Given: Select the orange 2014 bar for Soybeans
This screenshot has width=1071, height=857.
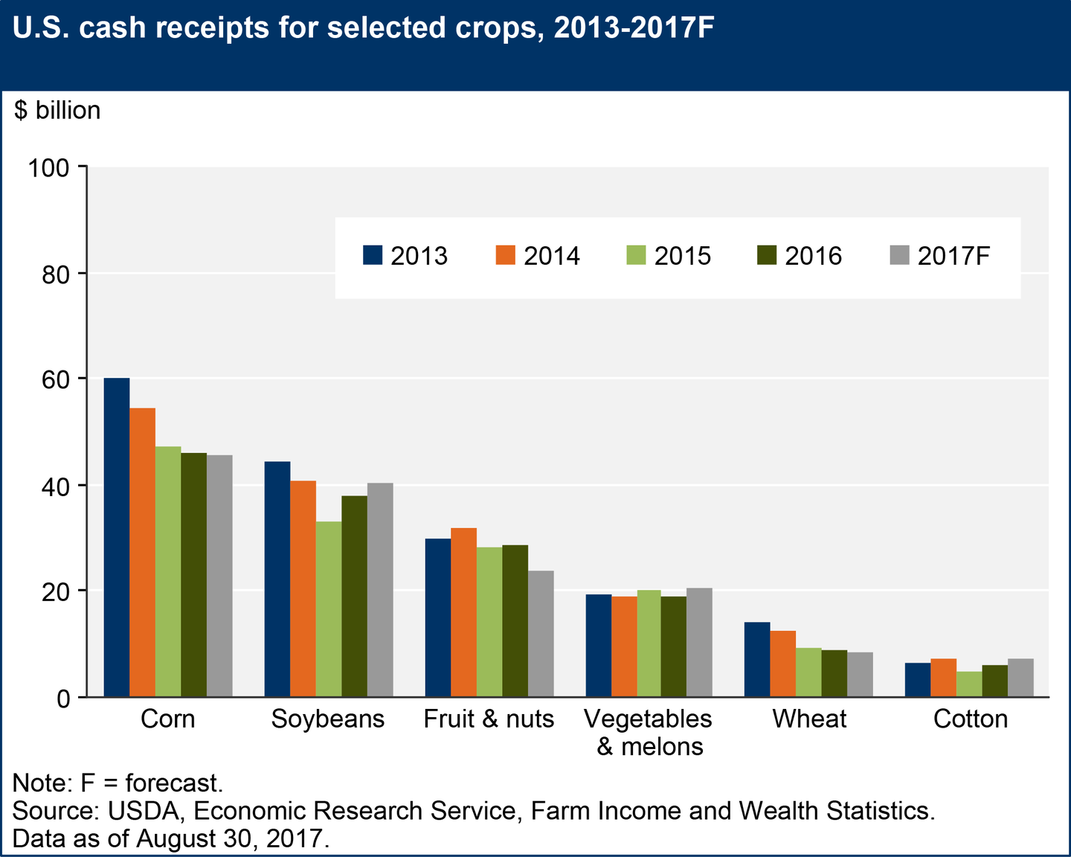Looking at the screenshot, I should click(303, 588).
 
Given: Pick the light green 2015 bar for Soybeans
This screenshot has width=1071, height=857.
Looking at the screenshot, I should click(329, 609).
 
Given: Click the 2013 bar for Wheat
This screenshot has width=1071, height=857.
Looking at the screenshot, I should click(757, 659).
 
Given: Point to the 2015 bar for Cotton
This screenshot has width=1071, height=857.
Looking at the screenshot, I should click(969, 684).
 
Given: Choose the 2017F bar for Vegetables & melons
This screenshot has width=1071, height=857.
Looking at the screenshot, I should click(699, 642).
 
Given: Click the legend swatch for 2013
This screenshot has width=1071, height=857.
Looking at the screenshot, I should click(373, 255).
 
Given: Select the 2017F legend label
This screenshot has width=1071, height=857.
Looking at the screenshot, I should click(953, 256).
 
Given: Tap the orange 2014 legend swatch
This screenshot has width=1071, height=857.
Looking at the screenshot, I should click(505, 255).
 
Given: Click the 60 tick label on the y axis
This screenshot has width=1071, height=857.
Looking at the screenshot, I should click(59, 379).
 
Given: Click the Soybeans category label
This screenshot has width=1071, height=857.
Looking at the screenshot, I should click(328, 719).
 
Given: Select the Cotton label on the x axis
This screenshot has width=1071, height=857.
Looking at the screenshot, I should click(970, 719).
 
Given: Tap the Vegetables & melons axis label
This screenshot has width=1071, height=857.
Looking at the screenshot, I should click(649, 732).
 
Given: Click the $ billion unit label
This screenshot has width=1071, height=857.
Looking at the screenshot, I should click(57, 110).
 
